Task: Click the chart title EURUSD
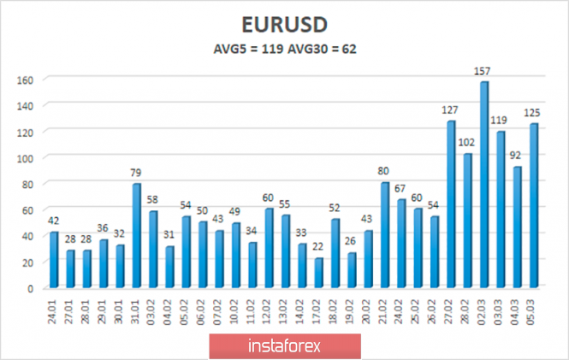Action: click(284, 24)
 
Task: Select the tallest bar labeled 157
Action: click(483, 184)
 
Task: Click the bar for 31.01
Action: click(137, 235)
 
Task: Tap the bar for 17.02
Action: click(318, 273)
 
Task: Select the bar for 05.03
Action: click(533, 205)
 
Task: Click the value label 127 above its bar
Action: click(451, 111)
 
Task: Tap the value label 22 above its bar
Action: click(318, 248)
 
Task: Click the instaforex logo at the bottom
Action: click(284, 346)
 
